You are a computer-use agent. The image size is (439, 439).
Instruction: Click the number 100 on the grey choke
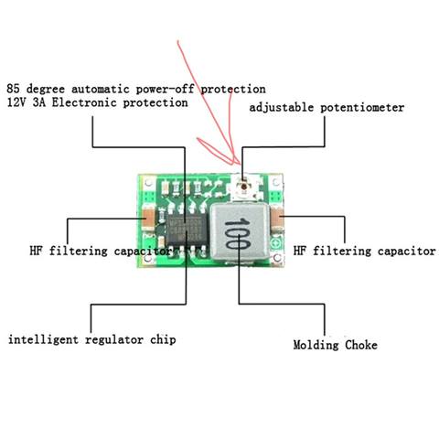click(238, 233)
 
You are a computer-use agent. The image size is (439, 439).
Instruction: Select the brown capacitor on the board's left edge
click(148, 219)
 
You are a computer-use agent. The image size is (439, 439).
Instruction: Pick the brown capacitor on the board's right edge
click(277, 219)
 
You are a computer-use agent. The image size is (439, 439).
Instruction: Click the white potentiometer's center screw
click(243, 186)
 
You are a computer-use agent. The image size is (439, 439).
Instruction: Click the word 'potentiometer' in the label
click(362, 108)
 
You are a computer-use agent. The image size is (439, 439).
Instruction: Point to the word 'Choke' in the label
click(361, 345)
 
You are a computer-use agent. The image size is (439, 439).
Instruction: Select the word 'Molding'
click(316, 345)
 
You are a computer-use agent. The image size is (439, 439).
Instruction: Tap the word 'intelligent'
click(43, 339)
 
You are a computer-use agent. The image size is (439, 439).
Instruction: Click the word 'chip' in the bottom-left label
click(163, 340)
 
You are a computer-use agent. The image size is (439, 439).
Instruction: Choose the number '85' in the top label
click(13, 89)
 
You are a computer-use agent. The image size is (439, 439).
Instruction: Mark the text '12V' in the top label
click(17, 102)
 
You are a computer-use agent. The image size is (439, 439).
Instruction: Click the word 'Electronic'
click(84, 102)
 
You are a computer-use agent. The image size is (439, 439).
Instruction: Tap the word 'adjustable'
click(282, 107)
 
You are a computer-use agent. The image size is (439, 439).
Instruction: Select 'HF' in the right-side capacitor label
click(299, 251)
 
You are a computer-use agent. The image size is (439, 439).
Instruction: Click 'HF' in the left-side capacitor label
click(36, 251)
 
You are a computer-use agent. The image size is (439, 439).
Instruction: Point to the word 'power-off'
click(165, 89)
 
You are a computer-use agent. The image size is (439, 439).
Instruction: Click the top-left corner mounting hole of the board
click(148, 183)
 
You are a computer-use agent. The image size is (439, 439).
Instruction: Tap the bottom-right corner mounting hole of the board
click(277, 258)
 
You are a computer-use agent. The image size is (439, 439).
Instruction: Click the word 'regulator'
click(114, 340)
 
